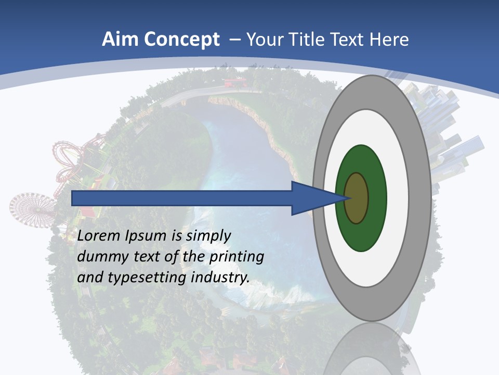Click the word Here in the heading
(389, 40)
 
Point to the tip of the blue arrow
(347, 198)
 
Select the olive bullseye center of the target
(357, 198)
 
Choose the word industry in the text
(220, 278)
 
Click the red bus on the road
(235, 82)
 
